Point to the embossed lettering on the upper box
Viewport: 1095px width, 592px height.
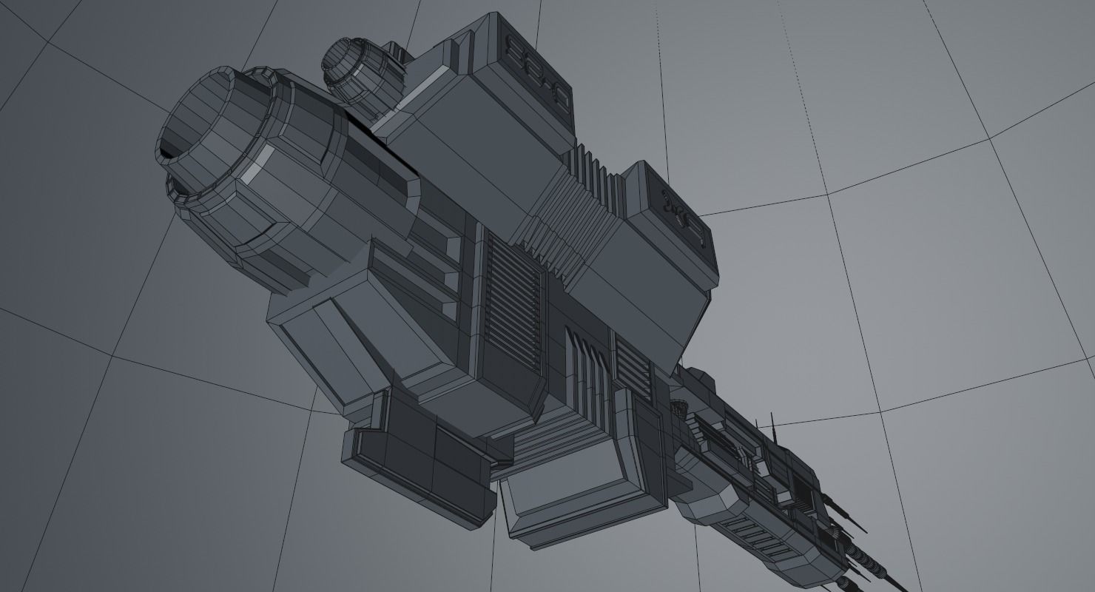point(535,70)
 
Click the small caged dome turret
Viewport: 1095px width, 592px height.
point(679,408)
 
